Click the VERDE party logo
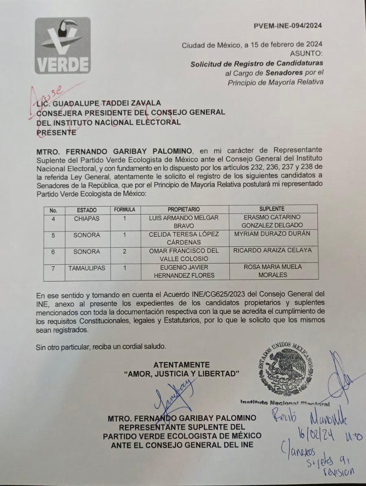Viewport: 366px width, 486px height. tap(62, 46)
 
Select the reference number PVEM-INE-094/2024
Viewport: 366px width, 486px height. tap(288, 26)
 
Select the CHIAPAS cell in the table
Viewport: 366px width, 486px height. tap(86, 218)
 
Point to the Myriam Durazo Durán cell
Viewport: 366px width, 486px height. tap(272, 234)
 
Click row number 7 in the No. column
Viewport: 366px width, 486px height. tap(53, 268)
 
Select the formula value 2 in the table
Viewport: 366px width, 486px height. tap(125, 251)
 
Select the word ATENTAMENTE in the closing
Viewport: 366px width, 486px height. tap(182, 365)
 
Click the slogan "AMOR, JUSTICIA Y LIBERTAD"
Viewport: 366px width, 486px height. tap(181, 374)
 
